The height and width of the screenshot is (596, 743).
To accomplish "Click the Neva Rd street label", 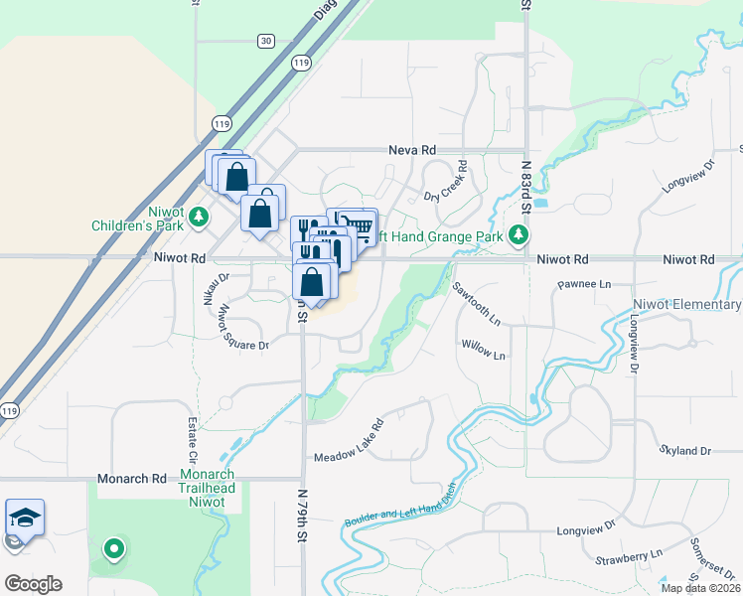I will pos(414,149).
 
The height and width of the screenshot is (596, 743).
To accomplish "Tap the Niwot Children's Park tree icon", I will pos(199,215).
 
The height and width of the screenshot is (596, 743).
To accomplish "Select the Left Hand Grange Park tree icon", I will pos(517,235).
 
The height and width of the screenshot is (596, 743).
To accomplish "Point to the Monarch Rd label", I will pos(132,479).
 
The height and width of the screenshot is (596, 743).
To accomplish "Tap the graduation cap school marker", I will pos(25,519).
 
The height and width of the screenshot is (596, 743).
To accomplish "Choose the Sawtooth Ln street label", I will pos(477,303).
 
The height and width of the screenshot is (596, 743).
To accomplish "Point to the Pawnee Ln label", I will pos(584,284).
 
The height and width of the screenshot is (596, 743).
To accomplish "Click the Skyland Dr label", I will pos(685,450).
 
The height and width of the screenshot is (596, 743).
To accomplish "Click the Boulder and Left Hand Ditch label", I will pos(400,506).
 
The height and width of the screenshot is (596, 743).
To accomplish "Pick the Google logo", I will pos(33,584).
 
